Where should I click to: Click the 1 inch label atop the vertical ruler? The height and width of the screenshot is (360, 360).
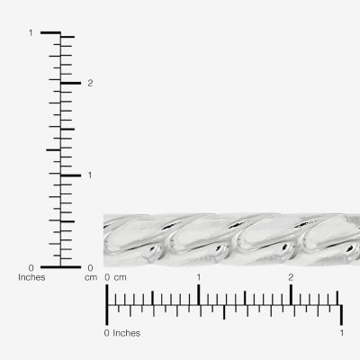click(x=31, y=33)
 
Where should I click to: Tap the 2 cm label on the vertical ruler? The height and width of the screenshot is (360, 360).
click(x=90, y=83)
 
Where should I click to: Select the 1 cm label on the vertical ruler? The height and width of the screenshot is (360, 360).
click(x=90, y=175)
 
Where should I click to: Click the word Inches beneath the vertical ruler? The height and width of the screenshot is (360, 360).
click(x=31, y=277)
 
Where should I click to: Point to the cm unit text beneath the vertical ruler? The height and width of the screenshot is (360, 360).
click(x=90, y=277)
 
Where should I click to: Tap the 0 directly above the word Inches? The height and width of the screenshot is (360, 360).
click(x=31, y=267)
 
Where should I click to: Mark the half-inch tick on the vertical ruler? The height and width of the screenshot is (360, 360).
click(x=52, y=149)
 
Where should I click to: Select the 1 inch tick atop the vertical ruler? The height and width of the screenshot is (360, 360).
click(x=50, y=33)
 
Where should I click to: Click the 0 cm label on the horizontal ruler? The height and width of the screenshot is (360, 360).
click(x=115, y=277)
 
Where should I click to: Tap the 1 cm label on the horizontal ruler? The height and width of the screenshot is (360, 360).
click(x=199, y=277)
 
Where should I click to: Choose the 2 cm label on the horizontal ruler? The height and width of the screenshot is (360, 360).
click(x=291, y=277)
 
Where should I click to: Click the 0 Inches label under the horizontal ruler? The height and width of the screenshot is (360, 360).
click(x=123, y=334)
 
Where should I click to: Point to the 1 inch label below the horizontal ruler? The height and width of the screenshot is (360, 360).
click(x=341, y=334)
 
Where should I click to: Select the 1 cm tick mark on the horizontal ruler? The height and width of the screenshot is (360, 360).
click(x=199, y=294)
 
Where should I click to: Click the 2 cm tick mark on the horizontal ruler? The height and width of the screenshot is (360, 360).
click(x=291, y=294)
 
